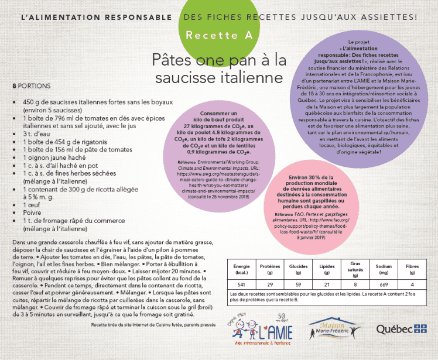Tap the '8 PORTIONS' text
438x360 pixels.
(30, 85)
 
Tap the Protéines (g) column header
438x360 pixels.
(270, 270)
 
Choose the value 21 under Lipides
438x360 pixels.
(327, 284)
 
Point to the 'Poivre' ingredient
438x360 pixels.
(32, 213)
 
